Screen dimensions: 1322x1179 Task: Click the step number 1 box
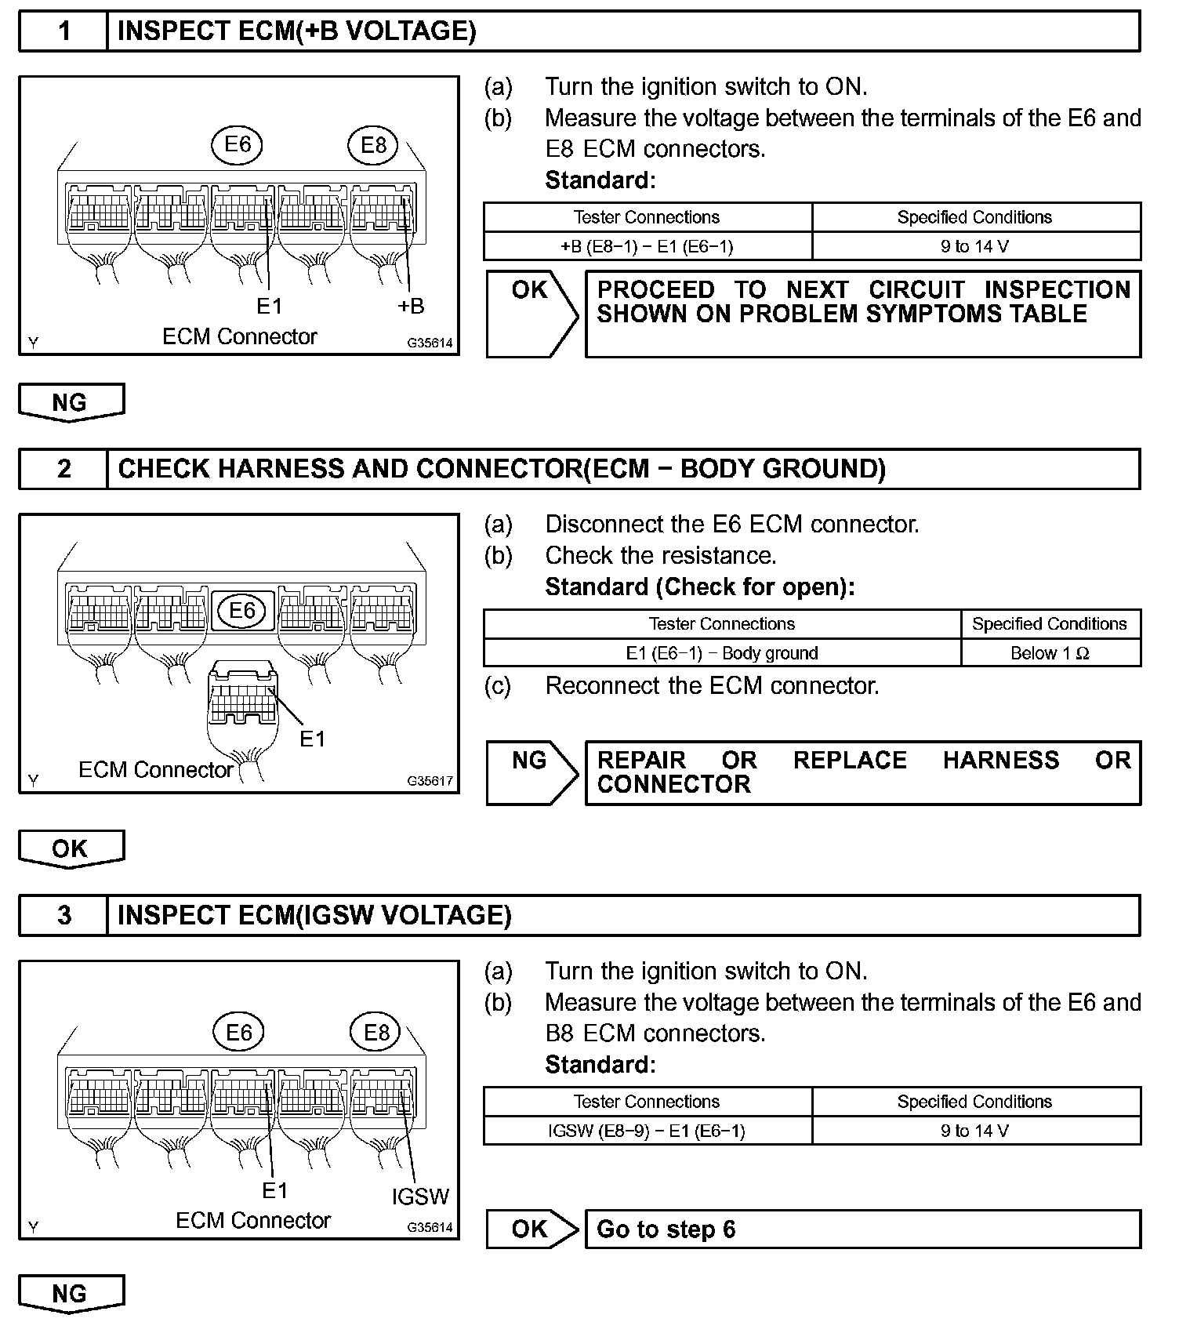pyautogui.click(x=63, y=31)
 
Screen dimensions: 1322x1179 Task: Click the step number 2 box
pyautogui.click(x=63, y=469)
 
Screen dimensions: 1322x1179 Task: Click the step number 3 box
pyautogui.click(x=63, y=915)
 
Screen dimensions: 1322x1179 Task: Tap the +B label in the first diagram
pyautogui.click(x=410, y=306)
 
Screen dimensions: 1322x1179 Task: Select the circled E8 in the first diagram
pyautogui.click(x=374, y=145)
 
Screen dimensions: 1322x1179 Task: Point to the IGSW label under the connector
pyautogui.click(x=420, y=1196)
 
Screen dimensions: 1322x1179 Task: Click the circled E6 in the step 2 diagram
pyautogui.click(x=242, y=610)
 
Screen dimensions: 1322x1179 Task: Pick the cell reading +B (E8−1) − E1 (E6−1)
pyautogui.click(x=648, y=246)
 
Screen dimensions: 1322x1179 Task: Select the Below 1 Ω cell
pyautogui.click(x=1050, y=653)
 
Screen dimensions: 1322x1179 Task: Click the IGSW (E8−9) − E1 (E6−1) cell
pyautogui.click(x=648, y=1131)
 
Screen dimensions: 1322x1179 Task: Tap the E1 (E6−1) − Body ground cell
pyautogui.click(x=722, y=653)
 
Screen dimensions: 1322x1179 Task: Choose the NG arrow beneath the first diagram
pyautogui.click(x=71, y=402)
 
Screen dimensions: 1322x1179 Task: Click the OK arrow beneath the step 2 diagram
pyautogui.click(x=71, y=848)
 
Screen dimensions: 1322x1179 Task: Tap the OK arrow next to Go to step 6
pyautogui.click(x=531, y=1229)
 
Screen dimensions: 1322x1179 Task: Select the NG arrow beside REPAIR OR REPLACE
pyautogui.click(x=531, y=772)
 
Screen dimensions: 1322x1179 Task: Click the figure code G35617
pyautogui.click(x=430, y=781)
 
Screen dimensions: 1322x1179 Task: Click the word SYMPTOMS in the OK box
pyautogui.click(x=914, y=314)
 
